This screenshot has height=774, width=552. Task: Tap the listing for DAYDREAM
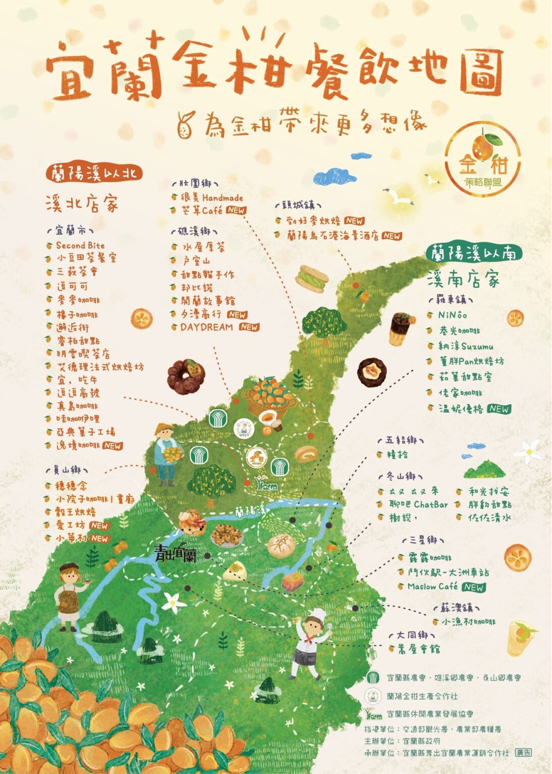click(206, 327)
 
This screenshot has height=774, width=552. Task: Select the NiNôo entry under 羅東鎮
click(452, 315)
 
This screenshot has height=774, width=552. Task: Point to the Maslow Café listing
click(432, 587)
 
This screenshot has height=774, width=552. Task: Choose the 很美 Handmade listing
click(212, 198)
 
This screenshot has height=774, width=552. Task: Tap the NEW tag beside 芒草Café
click(236, 211)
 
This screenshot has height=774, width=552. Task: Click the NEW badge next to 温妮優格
click(499, 409)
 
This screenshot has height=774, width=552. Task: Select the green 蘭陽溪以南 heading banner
click(473, 253)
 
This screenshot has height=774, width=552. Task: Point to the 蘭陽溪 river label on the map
click(250, 510)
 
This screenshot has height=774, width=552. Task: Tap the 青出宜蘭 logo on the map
click(175, 554)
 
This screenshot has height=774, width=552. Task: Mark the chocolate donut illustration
click(186, 376)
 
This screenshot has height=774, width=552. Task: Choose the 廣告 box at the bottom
click(523, 752)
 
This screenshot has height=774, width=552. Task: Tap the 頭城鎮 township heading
click(298, 206)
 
